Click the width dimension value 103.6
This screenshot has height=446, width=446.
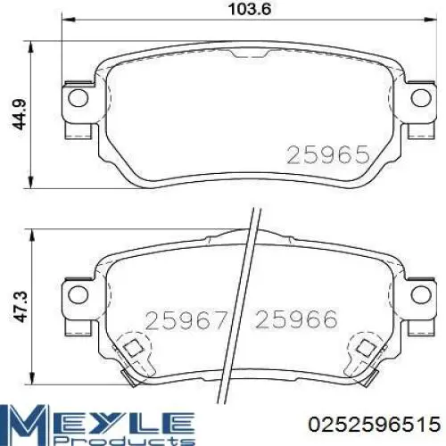pyautogui.click(x=250, y=9)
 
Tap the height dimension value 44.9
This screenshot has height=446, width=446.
pyautogui.click(x=20, y=114)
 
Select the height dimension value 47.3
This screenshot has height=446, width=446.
pyautogui.click(x=21, y=307)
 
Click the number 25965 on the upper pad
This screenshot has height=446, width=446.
pyautogui.click(x=328, y=154)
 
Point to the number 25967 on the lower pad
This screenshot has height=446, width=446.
pyautogui.click(x=186, y=320)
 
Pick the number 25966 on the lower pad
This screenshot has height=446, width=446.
pyautogui.click(x=296, y=319)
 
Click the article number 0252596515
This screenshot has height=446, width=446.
pyautogui.click(x=375, y=424)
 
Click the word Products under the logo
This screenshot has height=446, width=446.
pyautogui.click(x=125, y=440)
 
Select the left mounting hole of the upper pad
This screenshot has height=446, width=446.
pyautogui.click(x=78, y=98)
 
